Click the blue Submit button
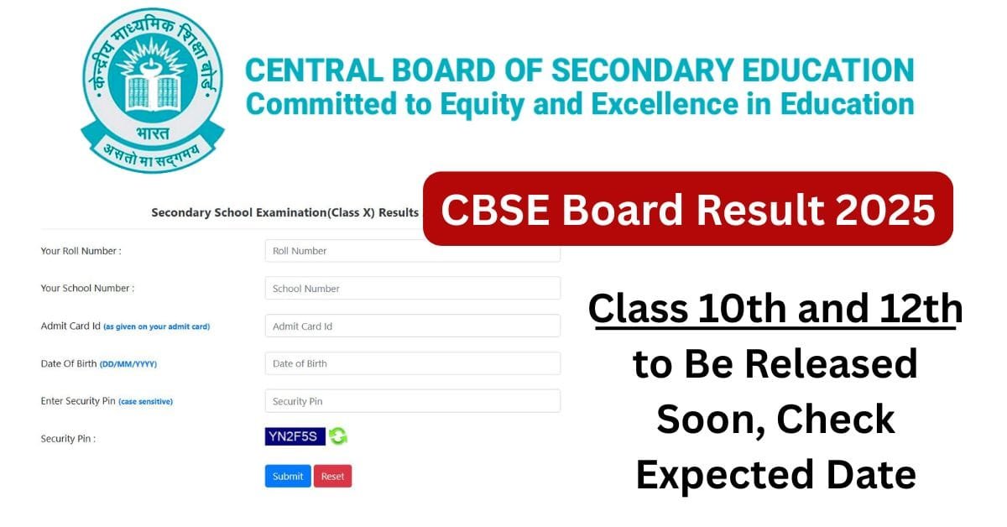pyautogui.click(x=288, y=476)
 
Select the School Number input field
pyautogui.click(x=412, y=288)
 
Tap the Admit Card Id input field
pyautogui.click(x=412, y=326)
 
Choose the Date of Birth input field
pyautogui.click(x=412, y=363)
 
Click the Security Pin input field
pyautogui.click(x=412, y=401)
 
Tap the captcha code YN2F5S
pyautogui.click(x=295, y=436)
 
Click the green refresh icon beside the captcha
pyautogui.click(x=337, y=436)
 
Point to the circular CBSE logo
pyautogui.click(x=152, y=91)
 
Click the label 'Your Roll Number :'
pyautogui.click(x=81, y=251)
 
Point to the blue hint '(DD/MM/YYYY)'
pyautogui.click(x=128, y=364)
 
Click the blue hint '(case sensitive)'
pyautogui.click(x=145, y=402)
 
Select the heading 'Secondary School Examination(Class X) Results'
pyautogui.click(x=284, y=212)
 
